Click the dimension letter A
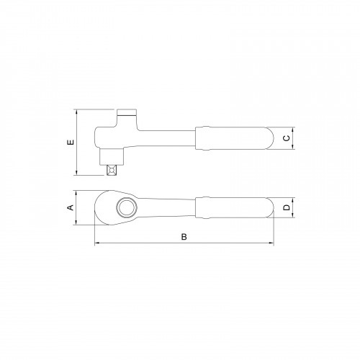[71, 207]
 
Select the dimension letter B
[184, 236]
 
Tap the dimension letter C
[286, 138]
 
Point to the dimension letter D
[286, 208]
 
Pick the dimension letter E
[71, 143]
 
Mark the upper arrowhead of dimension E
[77, 112]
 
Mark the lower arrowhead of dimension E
[77, 173]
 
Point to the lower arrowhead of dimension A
[77, 222]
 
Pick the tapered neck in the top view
[169, 207]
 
